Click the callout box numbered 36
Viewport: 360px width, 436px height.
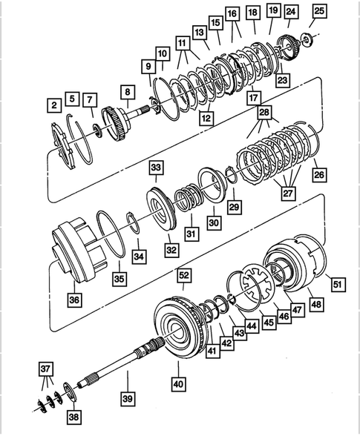[75, 300]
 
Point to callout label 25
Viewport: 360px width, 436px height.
[318, 10]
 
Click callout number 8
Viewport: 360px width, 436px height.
[128, 93]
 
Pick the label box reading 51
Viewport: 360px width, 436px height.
[337, 283]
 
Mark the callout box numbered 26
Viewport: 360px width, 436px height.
[320, 176]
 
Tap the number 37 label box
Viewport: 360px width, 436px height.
[46, 369]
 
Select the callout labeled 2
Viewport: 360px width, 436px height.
[53, 105]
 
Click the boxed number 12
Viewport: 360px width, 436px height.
[206, 116]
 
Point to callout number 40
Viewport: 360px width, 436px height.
[178, 385]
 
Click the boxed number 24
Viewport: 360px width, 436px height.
[290, 11]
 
